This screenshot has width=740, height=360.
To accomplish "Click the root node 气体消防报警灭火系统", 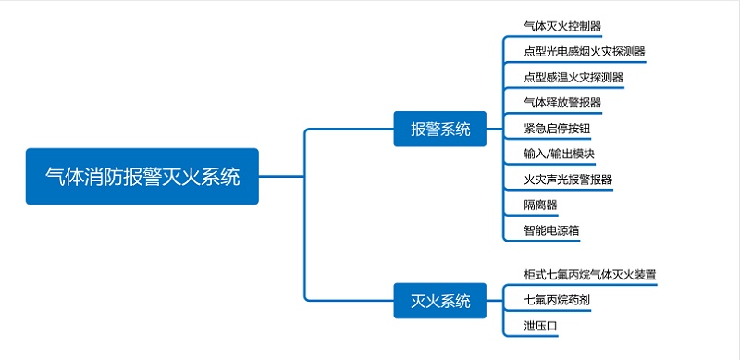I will [x=142, y=176].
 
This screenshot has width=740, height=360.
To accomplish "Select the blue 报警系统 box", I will [x=440, y=129].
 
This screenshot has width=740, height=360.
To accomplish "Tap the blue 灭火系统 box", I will [x=440, y=301].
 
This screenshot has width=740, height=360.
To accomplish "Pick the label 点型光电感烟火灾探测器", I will [x=584, y=52].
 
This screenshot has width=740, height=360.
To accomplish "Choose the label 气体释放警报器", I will [x=562, y=103].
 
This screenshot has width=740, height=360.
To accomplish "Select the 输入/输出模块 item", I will [x=559, y=154].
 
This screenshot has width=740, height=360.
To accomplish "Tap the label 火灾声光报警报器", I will [x=568, y=179].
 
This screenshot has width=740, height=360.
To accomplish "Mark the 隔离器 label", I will [x=540, y=205].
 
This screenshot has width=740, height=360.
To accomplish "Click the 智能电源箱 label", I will [x=551, y=230].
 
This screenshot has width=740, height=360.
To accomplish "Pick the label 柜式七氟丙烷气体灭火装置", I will [x=589, y=275].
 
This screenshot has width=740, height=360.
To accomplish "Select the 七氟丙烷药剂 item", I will [x=557, y=301].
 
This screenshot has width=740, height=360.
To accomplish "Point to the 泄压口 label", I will [x=540, y=326].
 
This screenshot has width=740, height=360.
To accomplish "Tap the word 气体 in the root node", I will [x=65, y=176].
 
